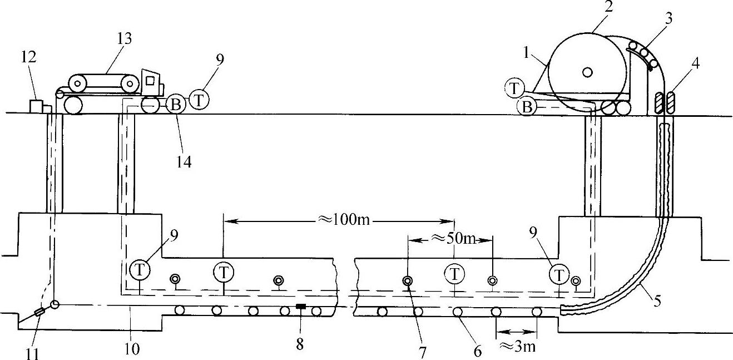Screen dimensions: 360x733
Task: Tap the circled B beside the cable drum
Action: point(526,107)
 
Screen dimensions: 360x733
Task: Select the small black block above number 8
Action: point(301,306)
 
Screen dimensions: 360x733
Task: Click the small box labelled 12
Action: point(38,106)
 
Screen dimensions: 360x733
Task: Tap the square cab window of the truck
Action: point(150,81)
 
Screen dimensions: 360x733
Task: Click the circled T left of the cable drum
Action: point(514,87)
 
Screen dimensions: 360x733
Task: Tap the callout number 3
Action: point(669,19)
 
